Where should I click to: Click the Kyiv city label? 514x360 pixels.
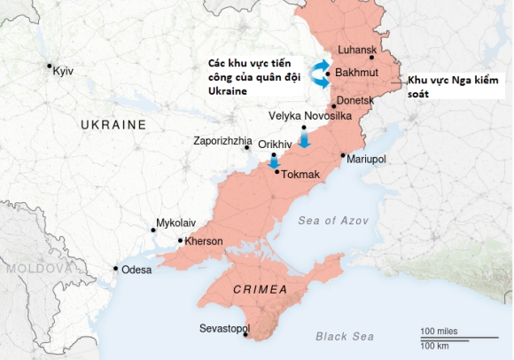63,70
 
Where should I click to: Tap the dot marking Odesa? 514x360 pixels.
116,269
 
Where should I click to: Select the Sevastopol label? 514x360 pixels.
222,329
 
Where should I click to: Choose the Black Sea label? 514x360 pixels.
345,336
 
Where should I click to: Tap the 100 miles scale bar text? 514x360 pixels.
439,331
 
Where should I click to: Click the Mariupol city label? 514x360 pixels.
367,159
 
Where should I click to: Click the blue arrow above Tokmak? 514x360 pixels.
274,160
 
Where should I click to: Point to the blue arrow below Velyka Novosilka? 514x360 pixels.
304,139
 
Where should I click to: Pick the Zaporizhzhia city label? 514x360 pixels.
222,142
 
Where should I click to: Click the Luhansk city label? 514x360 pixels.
357,51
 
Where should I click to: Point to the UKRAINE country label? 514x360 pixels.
113,125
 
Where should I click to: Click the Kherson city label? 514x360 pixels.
204,241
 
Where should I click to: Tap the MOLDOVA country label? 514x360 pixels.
35,268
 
